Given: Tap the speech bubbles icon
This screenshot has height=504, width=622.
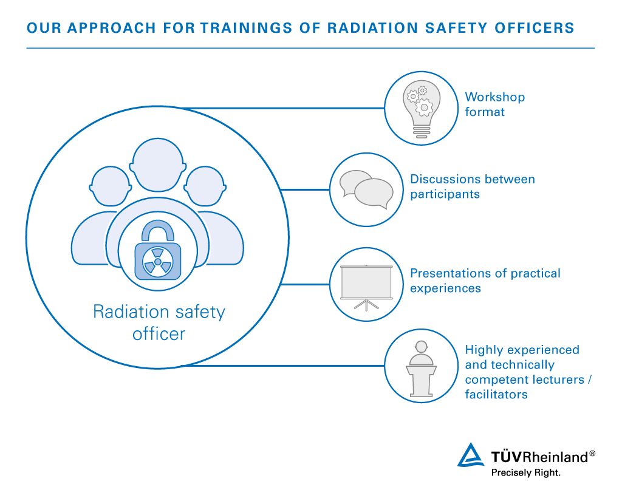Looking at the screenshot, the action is pyautogui.click(x=366, y=189).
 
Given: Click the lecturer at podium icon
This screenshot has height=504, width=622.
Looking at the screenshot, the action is pyautogui.click(x=422, y=369).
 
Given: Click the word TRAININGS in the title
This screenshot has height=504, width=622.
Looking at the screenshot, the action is pyautogui.click(x=247, y=28).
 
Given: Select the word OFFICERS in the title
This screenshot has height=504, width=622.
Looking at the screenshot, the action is pyautogui.click(x=535, y=28).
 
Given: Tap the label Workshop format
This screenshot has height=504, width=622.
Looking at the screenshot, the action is pyautogui.click(x=494, y=104).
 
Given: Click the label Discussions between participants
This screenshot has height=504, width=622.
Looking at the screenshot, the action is pyautogui.click(x=473, y=186).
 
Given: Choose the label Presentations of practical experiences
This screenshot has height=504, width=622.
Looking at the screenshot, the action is pyautogui.click(x=485, y=281).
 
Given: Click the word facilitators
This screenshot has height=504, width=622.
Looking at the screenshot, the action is pyautogui.click(x=496, y=394).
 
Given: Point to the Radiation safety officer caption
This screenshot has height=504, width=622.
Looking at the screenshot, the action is pyautogui.click(x=159, y=322).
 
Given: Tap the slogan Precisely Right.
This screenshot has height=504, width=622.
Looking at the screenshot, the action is pyautogui.click(x=525, y=472).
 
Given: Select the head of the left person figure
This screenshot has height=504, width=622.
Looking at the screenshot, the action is pyautogui.click(x=111, y=186).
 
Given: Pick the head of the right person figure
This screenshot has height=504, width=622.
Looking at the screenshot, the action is pyautogui.click(x=205, y=186).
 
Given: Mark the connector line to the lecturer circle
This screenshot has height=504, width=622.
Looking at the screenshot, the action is pyautogui.click(x=282, y=366).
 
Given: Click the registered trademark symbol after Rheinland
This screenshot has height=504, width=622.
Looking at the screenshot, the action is pyautogui.click(x=592, y=453).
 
